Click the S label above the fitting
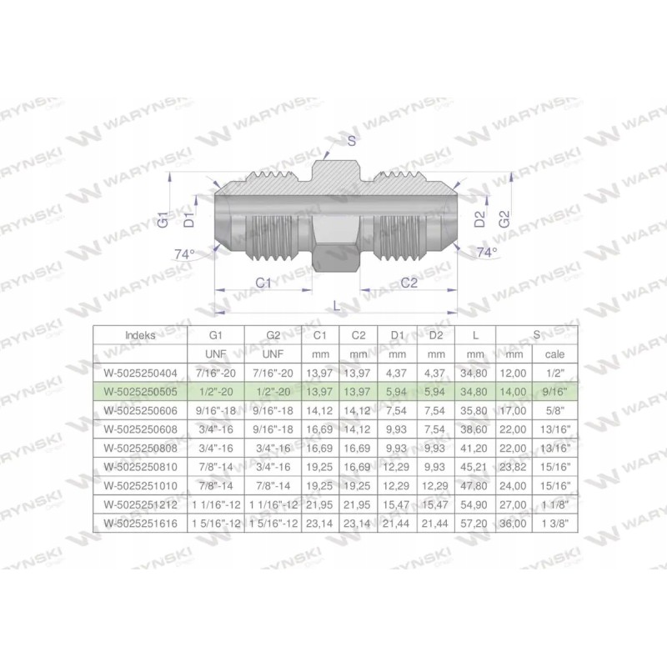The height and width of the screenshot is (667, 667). (x=352, y=141)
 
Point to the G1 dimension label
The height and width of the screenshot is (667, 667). (x=164, y=220)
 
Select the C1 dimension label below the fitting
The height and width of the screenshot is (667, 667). (x=264, y=283)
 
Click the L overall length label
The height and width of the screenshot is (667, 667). (x=336, y=306)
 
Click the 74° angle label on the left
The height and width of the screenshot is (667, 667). (x=184, y=253)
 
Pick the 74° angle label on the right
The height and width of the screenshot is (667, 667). (x=486, y=251)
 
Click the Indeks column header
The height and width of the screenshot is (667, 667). (x=138, y=334)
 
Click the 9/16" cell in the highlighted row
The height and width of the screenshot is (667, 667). (x=554, y=390)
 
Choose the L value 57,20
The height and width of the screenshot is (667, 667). (x=476, y=522)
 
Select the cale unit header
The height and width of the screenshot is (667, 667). (x=554, y=353)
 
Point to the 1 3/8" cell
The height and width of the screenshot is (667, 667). (x=554, y=522)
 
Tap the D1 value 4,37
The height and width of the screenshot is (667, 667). (x=398, y=372)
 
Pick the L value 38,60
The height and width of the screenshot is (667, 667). (x=476, y=429)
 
